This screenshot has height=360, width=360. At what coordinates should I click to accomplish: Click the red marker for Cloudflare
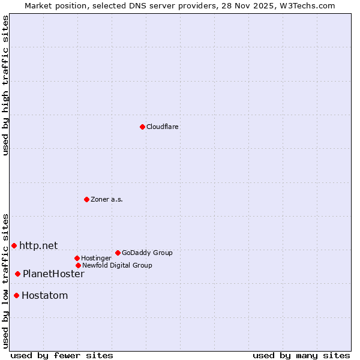[x=142, y=127]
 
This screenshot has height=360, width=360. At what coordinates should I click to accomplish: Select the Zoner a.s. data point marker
[x=86, y=199]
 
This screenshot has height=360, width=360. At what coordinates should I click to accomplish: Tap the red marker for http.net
[x=14, y=245]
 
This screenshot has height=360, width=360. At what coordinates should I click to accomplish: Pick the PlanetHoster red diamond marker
[x=17, y=274]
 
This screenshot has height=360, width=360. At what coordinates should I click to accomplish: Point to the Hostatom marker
[x=16, y=295]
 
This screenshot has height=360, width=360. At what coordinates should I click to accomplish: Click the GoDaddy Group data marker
[x=118, y=253]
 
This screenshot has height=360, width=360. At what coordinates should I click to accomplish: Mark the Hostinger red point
[x=77, y=258]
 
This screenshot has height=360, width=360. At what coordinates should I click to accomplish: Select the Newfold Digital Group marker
[x=78, y=265]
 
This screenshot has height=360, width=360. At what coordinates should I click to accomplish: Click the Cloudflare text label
[x=163, y=127]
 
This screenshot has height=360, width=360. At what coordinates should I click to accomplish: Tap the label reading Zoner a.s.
[x=107, y=199]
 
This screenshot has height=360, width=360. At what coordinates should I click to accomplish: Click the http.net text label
[x=38, y=245]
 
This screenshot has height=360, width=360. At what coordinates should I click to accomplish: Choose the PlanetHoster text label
[x=53, y=274]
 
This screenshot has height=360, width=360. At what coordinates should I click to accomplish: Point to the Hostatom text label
[x=44, y=295]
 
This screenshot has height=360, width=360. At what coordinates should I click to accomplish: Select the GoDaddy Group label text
[x=147, y=253]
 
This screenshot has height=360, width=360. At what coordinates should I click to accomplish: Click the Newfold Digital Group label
[x=117, y=265]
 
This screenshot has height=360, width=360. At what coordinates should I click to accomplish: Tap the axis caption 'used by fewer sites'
[x=62, y=355]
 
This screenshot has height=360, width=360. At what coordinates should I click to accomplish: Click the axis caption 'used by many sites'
[x=301, y=355]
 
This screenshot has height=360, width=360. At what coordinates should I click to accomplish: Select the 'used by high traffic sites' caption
[x=5, y=85]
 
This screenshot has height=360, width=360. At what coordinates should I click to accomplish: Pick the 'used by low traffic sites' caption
[x=5, y=281]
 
